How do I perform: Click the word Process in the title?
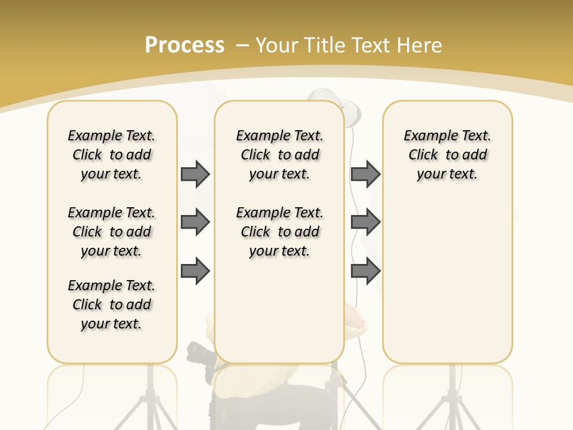click(184, 45)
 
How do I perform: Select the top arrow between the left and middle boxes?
click(195, 174)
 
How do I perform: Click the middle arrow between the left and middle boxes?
click(195, 222)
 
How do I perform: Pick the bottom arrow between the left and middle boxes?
click(195, 271)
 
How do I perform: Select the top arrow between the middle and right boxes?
click(365, 174)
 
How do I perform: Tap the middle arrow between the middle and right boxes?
click(365, 222)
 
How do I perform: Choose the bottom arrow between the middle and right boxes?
click(365, 271)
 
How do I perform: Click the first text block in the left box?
click(112, 155)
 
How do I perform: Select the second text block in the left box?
click(112, 232)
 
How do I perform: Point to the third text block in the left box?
click(112, 305)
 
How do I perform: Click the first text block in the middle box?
click(279, 155)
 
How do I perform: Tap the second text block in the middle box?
click(279, 232)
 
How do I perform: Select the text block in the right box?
click(447, 155)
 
